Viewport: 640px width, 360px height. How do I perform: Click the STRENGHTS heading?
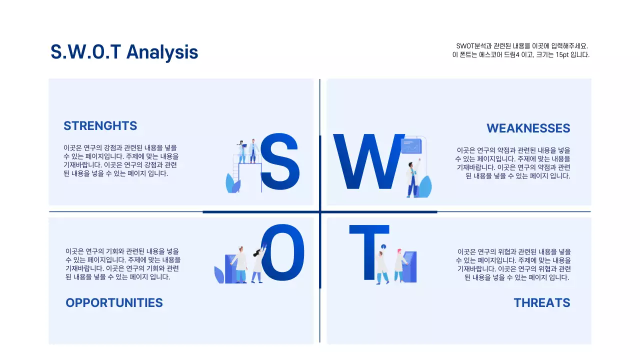tap(100, 125)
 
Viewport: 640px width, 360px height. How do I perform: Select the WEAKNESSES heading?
tap(528, 128)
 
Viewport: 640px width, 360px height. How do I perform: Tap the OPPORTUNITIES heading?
tap(114, 302)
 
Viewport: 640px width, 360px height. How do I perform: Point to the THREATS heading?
tap(541, 302)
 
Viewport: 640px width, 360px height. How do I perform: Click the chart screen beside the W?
tap(411, 146)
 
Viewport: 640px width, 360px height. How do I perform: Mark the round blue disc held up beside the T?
tap(383, 246)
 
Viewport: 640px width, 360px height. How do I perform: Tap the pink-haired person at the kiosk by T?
tap(399, 265)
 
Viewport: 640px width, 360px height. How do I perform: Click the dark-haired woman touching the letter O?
tap(258, 264)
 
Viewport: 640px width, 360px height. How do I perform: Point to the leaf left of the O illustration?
tap(219, 274)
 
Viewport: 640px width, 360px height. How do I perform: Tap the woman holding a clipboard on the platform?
tap(242, 151)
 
